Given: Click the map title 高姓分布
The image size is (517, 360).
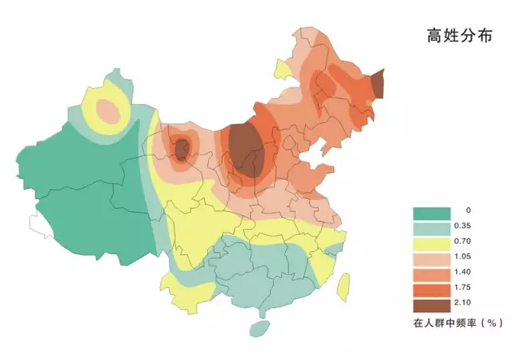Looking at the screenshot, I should point(459,36).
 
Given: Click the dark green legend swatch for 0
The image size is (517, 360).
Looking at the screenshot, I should point(432,213).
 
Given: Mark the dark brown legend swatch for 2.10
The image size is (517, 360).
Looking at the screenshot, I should point(432,306).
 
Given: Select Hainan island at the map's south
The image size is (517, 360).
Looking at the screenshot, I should point(259,328).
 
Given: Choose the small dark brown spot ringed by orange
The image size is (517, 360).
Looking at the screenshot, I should point(182,148).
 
